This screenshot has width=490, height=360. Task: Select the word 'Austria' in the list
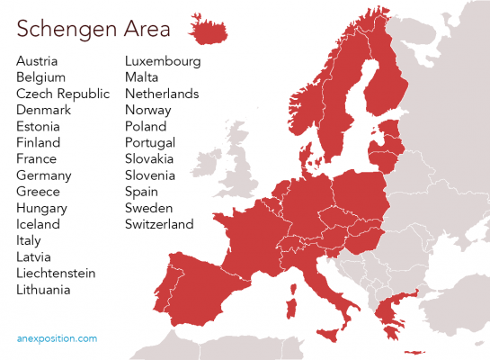[37, 61]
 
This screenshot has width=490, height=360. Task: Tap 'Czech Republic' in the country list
[62, 94]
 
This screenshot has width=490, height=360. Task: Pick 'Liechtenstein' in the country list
[56, 273]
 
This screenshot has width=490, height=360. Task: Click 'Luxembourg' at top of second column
[163, 61]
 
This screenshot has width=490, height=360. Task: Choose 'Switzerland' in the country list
[159, 224]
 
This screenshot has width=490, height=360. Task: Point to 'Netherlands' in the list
[162, 94]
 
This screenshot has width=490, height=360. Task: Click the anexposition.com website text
[57, 339]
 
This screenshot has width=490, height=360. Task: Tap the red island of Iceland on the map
[209, 31]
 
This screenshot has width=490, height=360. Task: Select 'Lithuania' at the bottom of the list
[43, 290]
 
